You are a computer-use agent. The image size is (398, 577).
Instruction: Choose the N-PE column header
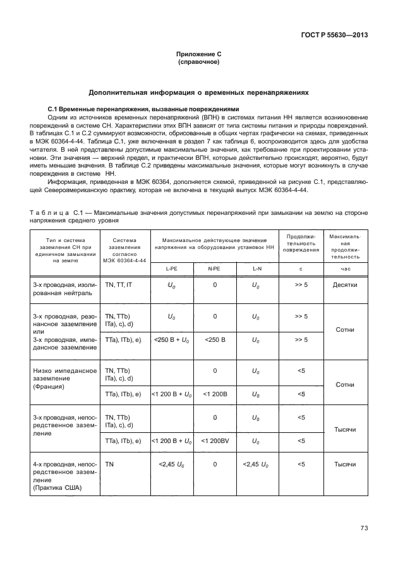click(214, 269)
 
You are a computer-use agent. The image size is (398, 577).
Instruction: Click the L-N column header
click(257, 269)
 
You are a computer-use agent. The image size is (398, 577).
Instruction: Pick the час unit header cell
click(345, 269)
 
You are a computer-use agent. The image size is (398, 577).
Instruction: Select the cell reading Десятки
click(345, 285)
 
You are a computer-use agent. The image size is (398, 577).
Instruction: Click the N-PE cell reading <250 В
click(214, 340)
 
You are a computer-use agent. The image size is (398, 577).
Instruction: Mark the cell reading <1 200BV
click(214, 440)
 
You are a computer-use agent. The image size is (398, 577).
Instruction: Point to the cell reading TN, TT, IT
click(119, 285)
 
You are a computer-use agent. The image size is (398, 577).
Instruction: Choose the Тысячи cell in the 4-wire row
click(345, 465)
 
